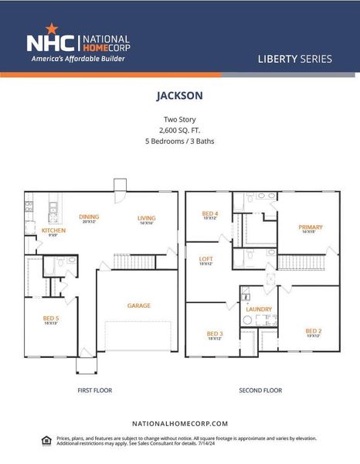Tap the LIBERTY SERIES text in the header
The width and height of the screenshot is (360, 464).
click(x=297, y=59)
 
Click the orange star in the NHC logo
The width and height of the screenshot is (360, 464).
click(x=52, y=29)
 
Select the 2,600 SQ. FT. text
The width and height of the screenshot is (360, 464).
click(x=179, y=131)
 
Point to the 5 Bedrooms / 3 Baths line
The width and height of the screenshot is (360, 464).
click(x=179, y=142)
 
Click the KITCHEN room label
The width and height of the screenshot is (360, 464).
click(x=53, y=230)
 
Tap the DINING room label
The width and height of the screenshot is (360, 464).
click(x=89, y=217)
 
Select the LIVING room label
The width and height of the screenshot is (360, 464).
click(x=147, y=218)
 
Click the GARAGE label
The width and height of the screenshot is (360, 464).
click(x=139, y=305)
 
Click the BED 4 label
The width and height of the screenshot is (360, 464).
click(x=210, y=213)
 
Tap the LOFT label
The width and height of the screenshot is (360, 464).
click(x=206, y=259)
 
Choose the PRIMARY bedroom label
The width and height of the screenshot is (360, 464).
click(x=311, y=227)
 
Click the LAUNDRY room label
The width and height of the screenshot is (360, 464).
click(x=259, y=309)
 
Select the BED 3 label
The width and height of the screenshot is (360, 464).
click(x=214, y=333)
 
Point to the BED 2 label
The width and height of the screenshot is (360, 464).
click(x=313, y=332)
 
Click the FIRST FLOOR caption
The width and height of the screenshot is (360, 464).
click(x=95, y=391)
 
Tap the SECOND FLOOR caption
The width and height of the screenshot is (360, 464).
click(x=261, y=391)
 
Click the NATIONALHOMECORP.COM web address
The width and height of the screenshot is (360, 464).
click(x=180, y=424)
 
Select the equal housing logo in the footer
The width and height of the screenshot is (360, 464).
click(x=46, y=440)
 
